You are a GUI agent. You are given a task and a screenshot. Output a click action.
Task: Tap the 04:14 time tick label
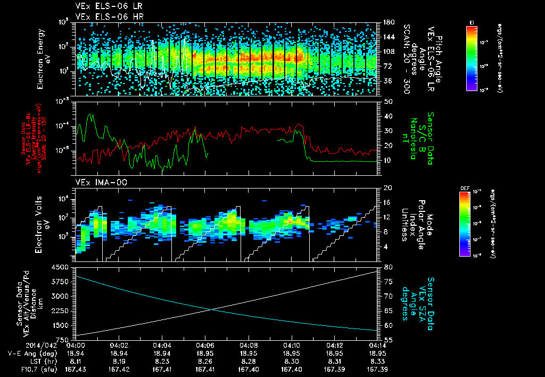pos(377,345)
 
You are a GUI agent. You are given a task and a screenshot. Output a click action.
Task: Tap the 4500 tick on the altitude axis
pos(62,267)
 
